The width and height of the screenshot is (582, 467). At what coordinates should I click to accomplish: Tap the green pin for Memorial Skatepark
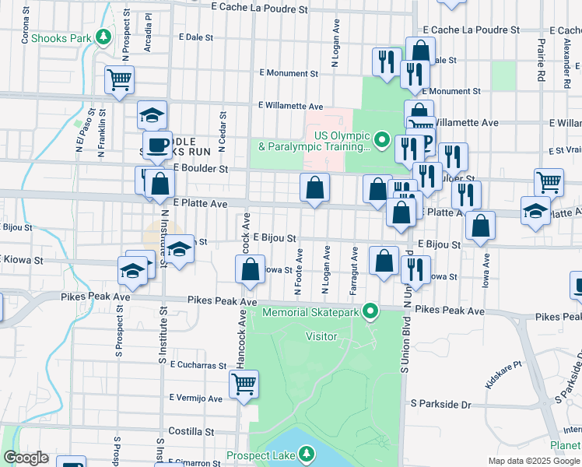[x=371, y=312]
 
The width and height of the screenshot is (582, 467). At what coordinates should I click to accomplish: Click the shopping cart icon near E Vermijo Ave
[x=244, y=384]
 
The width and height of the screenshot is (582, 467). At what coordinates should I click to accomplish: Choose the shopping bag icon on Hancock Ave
[x=251, y=271]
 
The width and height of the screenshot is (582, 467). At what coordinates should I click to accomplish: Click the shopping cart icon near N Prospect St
[x=119, y=79]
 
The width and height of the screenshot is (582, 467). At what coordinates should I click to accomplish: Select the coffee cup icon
[x=157, y=145]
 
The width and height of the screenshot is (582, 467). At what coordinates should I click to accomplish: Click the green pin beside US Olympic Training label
[x=381, y=141]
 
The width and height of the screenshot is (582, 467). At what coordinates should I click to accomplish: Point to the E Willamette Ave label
[x=291, y=106]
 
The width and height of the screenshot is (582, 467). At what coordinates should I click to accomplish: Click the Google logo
[x=26, y=458]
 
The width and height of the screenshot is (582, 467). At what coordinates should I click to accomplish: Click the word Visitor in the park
[x=321, y=337]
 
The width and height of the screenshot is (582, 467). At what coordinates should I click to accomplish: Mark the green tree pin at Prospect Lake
[x=307, y=454]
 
